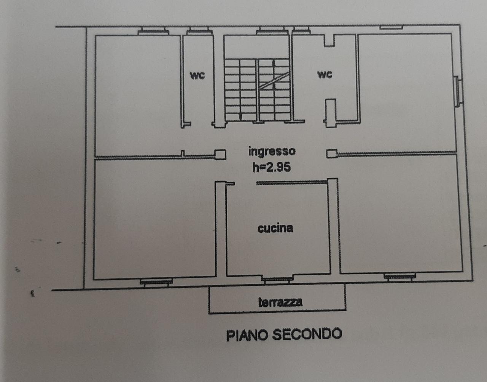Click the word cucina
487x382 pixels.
pyautogui.click(x=275, y=229)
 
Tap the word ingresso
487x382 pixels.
pyautogui.click(x=272, y=152)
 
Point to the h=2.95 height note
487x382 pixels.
pyautogui.click(x=272, y=167)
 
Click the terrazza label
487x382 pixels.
pyautogui.click(x=280, y=302)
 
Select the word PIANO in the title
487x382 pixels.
pyautogui.click(x=247, y=336)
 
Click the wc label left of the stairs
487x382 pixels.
pyautogui.click(x=197, y=75)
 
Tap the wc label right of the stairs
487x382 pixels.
pyautogui.click(x=325, y=75)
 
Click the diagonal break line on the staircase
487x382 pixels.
pyautogui.click(x=274, y=81)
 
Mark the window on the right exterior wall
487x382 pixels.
pyautogui.click(x=458, y=91)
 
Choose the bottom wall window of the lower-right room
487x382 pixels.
pyautogui.click(x=399, y=277)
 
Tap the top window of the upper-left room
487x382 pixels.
pyautogui.click(x=153, y=31)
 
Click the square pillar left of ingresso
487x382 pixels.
pyautogui.click(x=220, y=155)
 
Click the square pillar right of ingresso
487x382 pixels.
pyautogui.click(x=332, y=153)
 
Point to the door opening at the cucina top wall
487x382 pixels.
pyautogui.click(x=246, y=184)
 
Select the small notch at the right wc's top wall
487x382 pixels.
pyautogui.click(x=329, y=40)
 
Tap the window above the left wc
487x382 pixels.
pyautogui.click(x=199, y=31)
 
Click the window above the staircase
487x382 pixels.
pyautogui.click(x=272, y=30)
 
